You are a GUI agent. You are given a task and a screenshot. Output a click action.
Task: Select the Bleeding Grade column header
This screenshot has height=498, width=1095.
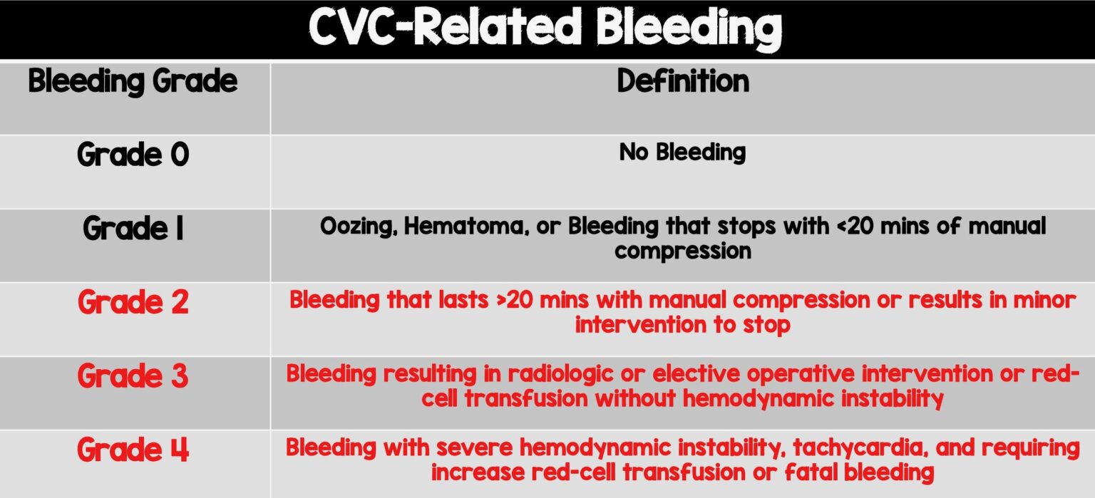click(133, 82)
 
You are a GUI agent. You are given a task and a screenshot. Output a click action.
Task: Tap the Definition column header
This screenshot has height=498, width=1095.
click(682, 82)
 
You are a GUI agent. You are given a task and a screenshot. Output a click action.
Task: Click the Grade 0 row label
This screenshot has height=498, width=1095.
click(133, 155)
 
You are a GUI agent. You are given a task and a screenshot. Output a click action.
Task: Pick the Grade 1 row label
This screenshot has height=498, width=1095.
click(133, 229)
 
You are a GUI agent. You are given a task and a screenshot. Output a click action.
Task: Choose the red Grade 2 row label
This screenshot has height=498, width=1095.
click(133, 302)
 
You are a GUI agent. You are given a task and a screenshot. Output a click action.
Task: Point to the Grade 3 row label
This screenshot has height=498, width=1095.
click(133, 375)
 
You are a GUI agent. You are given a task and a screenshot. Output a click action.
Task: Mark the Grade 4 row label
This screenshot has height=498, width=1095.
click(133, 450)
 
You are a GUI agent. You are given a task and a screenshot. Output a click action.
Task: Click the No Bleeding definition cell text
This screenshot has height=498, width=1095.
click(682, 152)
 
